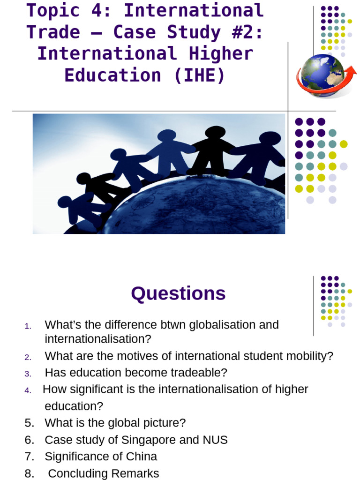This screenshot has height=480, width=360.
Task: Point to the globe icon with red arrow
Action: click(325, 75)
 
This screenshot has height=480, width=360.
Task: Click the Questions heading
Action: click(178, 294)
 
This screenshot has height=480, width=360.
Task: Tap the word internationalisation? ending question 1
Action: click(98, 338)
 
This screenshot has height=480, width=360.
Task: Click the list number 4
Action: click(28, 390)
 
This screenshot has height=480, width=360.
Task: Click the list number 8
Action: click(30, 473)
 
